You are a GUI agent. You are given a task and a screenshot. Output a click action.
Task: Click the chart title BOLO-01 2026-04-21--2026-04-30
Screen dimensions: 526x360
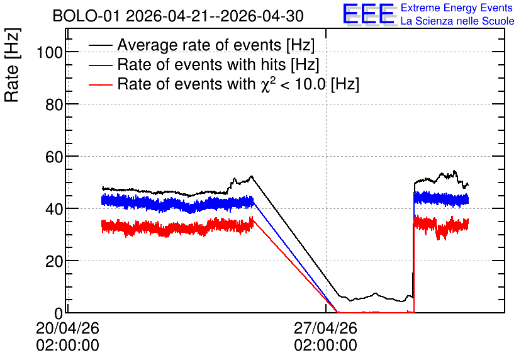(178, 16)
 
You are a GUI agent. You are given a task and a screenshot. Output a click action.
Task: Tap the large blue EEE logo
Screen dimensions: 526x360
(369, 14)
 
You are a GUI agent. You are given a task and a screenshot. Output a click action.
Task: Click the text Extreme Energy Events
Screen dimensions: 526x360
(457, 8)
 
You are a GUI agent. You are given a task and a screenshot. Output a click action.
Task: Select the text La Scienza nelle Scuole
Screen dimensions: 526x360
(457, 21)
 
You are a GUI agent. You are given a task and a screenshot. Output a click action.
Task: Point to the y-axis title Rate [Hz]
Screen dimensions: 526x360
(12, 65)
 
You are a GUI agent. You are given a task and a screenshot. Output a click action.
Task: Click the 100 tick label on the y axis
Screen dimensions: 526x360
(50, 52)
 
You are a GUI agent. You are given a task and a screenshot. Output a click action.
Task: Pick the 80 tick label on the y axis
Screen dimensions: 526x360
(54, 104)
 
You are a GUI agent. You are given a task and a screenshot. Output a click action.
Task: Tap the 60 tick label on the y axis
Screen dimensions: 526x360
(54, 157)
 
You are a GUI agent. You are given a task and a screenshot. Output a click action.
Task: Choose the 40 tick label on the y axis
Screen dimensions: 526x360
(54, 209)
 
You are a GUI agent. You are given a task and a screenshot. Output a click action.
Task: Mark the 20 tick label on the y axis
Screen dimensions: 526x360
(54, 261)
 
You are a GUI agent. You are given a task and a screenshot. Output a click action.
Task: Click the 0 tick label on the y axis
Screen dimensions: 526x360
(59, 313)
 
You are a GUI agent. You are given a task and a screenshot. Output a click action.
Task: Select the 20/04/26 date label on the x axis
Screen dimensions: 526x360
(67, 328)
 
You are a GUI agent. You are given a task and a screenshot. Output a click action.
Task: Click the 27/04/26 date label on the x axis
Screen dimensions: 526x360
(325, 328)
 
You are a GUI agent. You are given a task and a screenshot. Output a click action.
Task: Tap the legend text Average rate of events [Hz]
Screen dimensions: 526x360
(216, 45)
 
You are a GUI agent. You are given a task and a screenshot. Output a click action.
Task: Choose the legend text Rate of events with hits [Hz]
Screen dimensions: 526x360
(218, 64)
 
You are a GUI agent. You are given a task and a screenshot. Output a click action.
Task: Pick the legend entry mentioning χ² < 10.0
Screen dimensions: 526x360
(238, 84)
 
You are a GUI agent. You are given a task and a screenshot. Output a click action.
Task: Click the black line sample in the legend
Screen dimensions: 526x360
(100, 45)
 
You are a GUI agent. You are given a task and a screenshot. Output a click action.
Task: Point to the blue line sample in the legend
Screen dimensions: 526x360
(100, 65)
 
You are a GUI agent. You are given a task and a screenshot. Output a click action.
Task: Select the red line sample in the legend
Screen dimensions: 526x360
(100, 84)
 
